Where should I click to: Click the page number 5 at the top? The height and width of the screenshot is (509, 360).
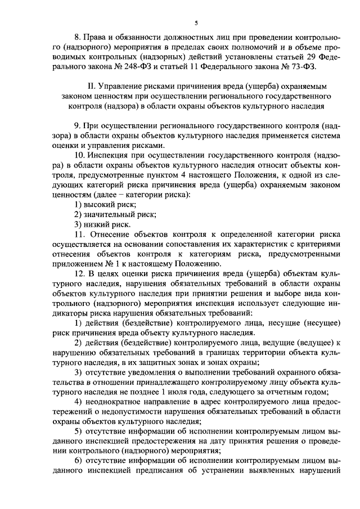tap(196, 23)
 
